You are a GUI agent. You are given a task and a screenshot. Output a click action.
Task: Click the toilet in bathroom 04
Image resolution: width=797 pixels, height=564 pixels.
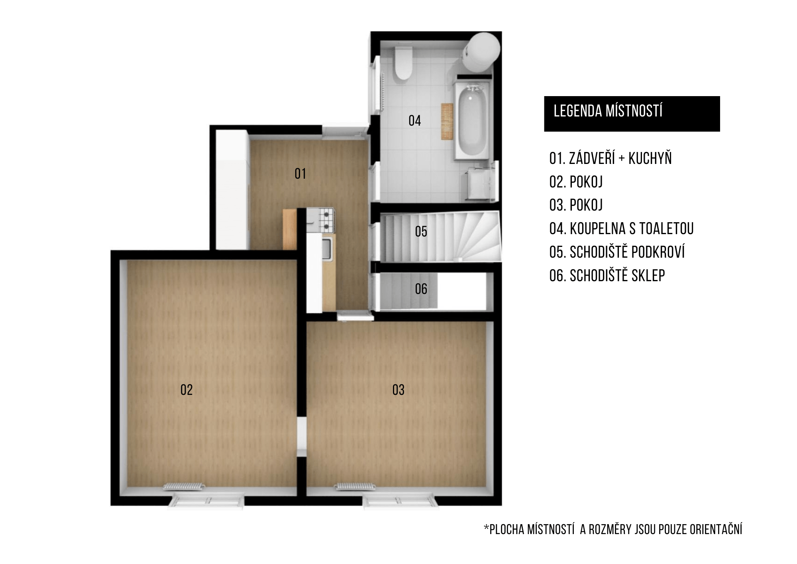pyautogui.click(x=402, y=63)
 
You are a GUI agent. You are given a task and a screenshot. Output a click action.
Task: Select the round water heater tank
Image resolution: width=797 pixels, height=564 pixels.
pyautogui.click(x=481, y=52)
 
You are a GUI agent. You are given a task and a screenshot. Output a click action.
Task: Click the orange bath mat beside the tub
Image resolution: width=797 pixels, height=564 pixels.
pyautogui.click(x=447, y=121)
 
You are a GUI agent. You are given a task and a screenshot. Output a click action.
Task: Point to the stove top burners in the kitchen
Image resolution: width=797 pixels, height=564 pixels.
pyautogui.click(x=326, y=220)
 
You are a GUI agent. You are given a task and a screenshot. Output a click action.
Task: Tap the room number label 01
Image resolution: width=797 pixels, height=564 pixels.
pyautogui.click(x=300, y=174)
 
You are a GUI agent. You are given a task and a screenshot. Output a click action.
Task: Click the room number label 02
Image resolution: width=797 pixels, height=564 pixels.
pyautogui.click(x=186, y=390)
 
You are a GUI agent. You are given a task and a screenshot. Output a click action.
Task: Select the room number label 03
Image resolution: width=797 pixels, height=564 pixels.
pyautogui.click(x=398, y=390)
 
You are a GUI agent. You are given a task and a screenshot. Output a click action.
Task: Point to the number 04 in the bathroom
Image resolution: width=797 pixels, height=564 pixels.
pyautogui.click(x=415, y=120)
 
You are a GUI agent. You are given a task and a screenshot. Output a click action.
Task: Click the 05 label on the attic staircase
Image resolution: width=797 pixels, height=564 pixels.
pyautogui.click(x=421, y=231)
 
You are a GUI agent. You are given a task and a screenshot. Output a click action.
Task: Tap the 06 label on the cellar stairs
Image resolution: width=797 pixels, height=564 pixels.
pyautogui.click(x=421, y=289)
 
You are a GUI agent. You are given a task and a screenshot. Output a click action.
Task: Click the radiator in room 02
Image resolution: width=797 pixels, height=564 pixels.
pyautogui.click(x=184, y=487)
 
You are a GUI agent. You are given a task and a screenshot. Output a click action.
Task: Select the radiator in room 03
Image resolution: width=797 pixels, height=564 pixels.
pyautogui.click(x=355, y=487)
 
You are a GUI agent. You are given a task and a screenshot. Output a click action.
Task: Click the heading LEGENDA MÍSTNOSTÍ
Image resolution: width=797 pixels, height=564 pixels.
pyautogui.click(x=608, y=111)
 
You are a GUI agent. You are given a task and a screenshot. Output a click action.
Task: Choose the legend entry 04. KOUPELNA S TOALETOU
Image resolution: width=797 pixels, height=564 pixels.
pyautogui.click(x=622, y=229)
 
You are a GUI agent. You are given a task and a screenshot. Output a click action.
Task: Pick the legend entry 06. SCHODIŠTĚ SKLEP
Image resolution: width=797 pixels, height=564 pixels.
pyautogui.click(x=607, y=276)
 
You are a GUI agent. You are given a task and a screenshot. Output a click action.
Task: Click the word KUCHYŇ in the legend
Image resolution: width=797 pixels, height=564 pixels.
pyautogui.click(x=650, y=158)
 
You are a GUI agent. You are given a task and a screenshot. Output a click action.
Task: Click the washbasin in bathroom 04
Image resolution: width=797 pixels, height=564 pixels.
pyautogui.click(x=479, y=183)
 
